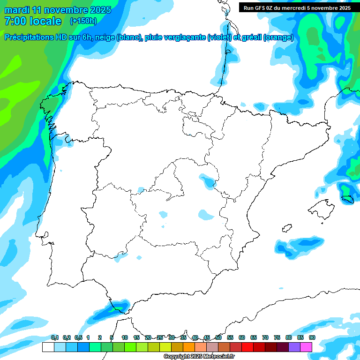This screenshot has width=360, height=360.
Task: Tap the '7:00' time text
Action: (x=14, y=21)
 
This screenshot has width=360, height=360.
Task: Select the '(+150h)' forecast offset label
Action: (x=83, y=21)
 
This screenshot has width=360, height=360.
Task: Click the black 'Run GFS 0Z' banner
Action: (x=297, y=7)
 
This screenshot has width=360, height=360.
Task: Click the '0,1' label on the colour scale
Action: (x=55, y=337)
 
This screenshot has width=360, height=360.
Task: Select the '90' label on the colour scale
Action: (x=312, y=337)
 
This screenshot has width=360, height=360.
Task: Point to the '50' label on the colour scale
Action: (x=218, y=337)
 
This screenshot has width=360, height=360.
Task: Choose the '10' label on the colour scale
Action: (x=125, y=337)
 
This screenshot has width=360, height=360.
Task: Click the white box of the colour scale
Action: (x=48, y=347)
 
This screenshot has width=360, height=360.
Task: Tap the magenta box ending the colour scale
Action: (x=306, y=347)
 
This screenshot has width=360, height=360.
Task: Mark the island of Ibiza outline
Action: (x=287, y=228)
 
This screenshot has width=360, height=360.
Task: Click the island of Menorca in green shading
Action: (x=347, y=199)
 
